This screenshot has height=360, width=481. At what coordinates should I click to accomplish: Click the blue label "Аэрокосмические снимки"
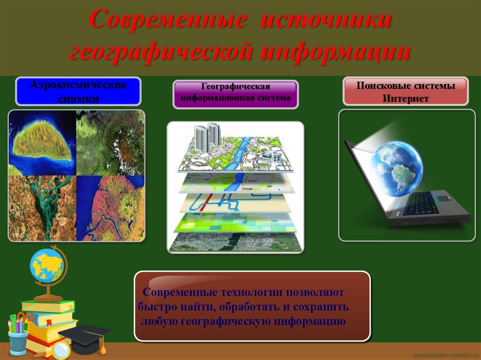click(78, 92)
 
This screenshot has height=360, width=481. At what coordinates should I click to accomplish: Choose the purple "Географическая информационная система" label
click(235, 93)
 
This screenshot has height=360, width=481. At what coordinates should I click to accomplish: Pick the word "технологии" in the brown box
click(243, 292)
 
